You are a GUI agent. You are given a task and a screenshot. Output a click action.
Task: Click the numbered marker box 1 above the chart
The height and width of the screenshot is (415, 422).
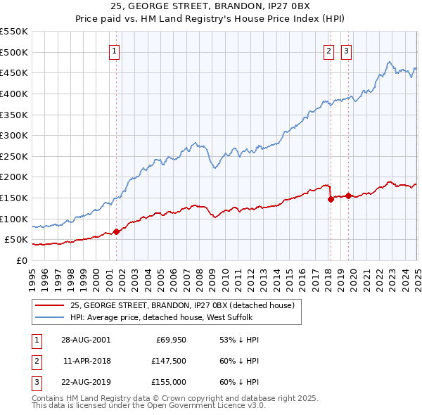(114, 50)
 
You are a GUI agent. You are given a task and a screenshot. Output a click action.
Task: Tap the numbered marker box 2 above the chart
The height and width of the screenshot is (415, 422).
(328, 50)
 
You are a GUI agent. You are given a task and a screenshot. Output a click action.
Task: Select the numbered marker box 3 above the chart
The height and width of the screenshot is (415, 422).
(347, 50)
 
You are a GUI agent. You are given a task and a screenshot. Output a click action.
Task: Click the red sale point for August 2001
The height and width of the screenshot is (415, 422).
(117, 231)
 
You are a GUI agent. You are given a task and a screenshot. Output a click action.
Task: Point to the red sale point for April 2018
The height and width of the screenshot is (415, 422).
(331, 199)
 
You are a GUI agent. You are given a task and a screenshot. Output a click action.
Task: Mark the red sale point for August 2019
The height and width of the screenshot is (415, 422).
(348, 196)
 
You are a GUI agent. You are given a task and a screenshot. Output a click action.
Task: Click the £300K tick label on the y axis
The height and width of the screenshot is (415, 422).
(14, 135)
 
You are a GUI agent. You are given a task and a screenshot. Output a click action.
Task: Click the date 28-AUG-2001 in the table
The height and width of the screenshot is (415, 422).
(86, 340)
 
